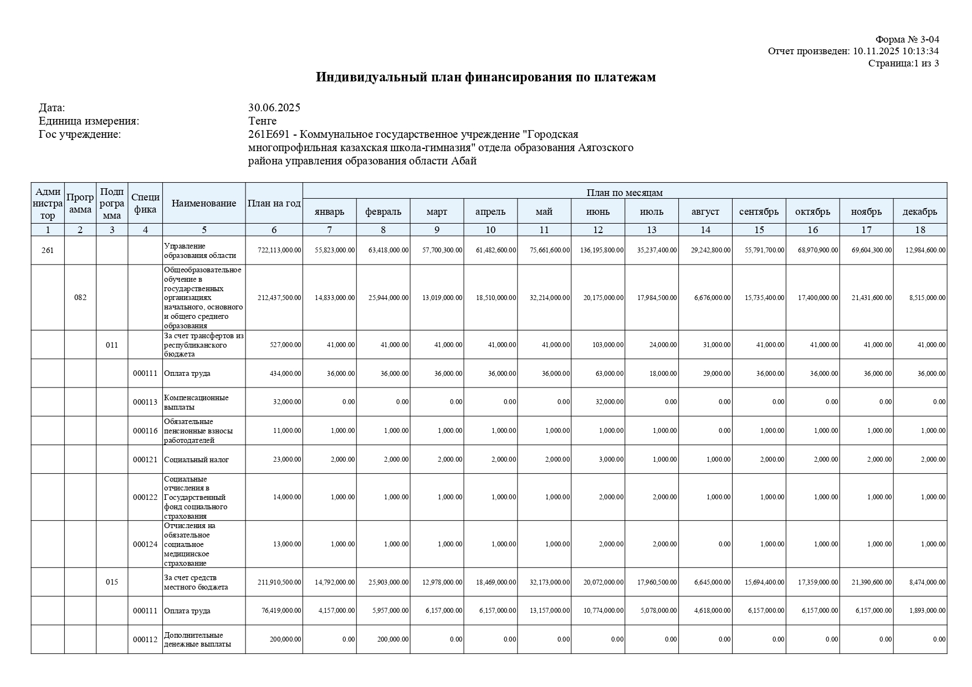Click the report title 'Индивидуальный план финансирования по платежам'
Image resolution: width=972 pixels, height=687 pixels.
point(485,78)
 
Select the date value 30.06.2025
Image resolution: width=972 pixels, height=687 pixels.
point(274,107)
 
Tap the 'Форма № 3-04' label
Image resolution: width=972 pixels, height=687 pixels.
point(907,39)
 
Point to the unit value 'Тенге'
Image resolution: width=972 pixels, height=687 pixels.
point(262,121)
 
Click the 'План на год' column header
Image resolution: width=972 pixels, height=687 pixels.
point(274,203)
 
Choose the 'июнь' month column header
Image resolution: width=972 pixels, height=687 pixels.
point(597,211)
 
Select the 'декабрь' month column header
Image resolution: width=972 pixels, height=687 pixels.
point(919,211)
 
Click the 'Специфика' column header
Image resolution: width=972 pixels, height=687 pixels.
point(145,203)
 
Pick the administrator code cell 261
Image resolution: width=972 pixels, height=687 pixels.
point(48,250)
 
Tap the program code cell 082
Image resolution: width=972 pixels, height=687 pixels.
point(80,297)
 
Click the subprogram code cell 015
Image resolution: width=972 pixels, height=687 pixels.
point(112,582)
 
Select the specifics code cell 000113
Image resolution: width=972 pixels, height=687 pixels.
point(145,402)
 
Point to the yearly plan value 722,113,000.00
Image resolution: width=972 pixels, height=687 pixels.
point(280,250)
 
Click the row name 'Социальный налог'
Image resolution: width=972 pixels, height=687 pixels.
point(196,459)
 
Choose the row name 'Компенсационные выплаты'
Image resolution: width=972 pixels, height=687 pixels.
point(196,402)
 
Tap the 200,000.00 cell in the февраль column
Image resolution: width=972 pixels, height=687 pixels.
point(388,639)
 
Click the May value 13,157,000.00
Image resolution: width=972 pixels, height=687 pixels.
point(549,611)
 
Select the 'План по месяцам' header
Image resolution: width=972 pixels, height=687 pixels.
point(625,192)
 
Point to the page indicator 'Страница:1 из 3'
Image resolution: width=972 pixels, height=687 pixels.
point(903,63)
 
